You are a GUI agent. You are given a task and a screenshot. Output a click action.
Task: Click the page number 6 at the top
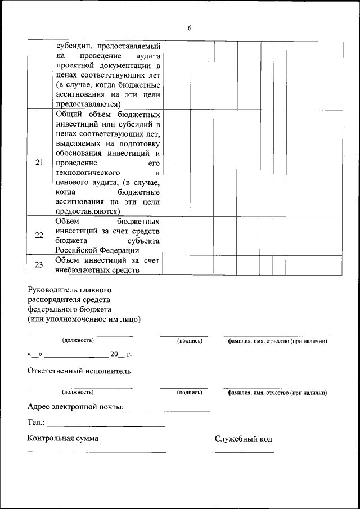[190, 29]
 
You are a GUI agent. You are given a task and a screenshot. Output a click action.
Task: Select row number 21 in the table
[39, 163]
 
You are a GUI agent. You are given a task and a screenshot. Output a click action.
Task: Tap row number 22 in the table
[39, 235]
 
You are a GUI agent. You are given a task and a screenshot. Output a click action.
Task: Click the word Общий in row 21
[69, 114]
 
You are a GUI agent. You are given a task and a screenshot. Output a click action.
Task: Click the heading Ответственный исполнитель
[79, 371]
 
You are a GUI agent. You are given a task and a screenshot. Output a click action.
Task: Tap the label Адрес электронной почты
[76, 407]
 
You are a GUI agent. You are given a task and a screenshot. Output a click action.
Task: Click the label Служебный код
[243, 439]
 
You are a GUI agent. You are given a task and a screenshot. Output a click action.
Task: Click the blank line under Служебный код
[244, 452]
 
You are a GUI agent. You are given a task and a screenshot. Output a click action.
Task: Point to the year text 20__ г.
[120, 355]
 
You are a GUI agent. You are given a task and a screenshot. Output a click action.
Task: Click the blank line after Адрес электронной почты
[168, 410]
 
